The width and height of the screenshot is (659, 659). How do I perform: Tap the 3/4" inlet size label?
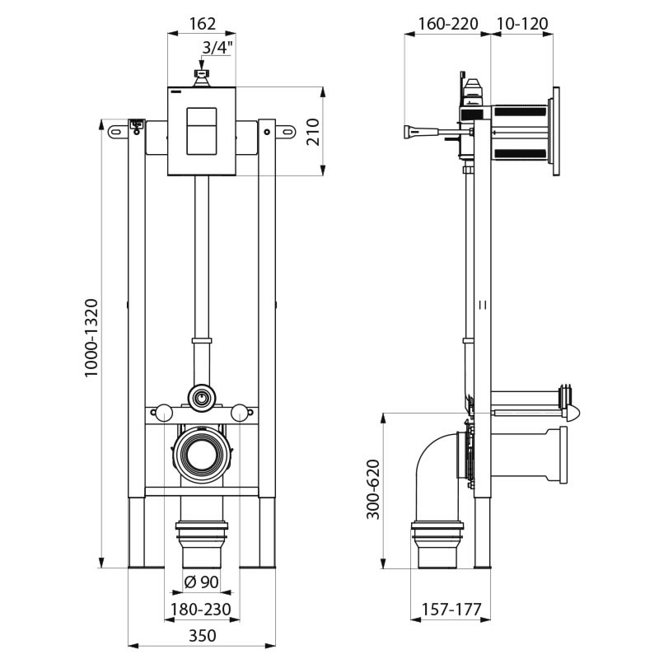tap(217, 48)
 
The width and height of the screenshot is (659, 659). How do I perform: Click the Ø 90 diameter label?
tap(201, 582)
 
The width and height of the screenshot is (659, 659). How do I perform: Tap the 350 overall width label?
tap(201, 635)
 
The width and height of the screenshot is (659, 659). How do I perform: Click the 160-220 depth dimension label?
tap(447, 24)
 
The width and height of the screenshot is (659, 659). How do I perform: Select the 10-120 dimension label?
tap(522, 24)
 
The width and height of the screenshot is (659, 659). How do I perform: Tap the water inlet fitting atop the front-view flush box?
tap(201, 77)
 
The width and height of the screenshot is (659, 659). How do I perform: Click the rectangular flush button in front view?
tap(201, 131)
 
